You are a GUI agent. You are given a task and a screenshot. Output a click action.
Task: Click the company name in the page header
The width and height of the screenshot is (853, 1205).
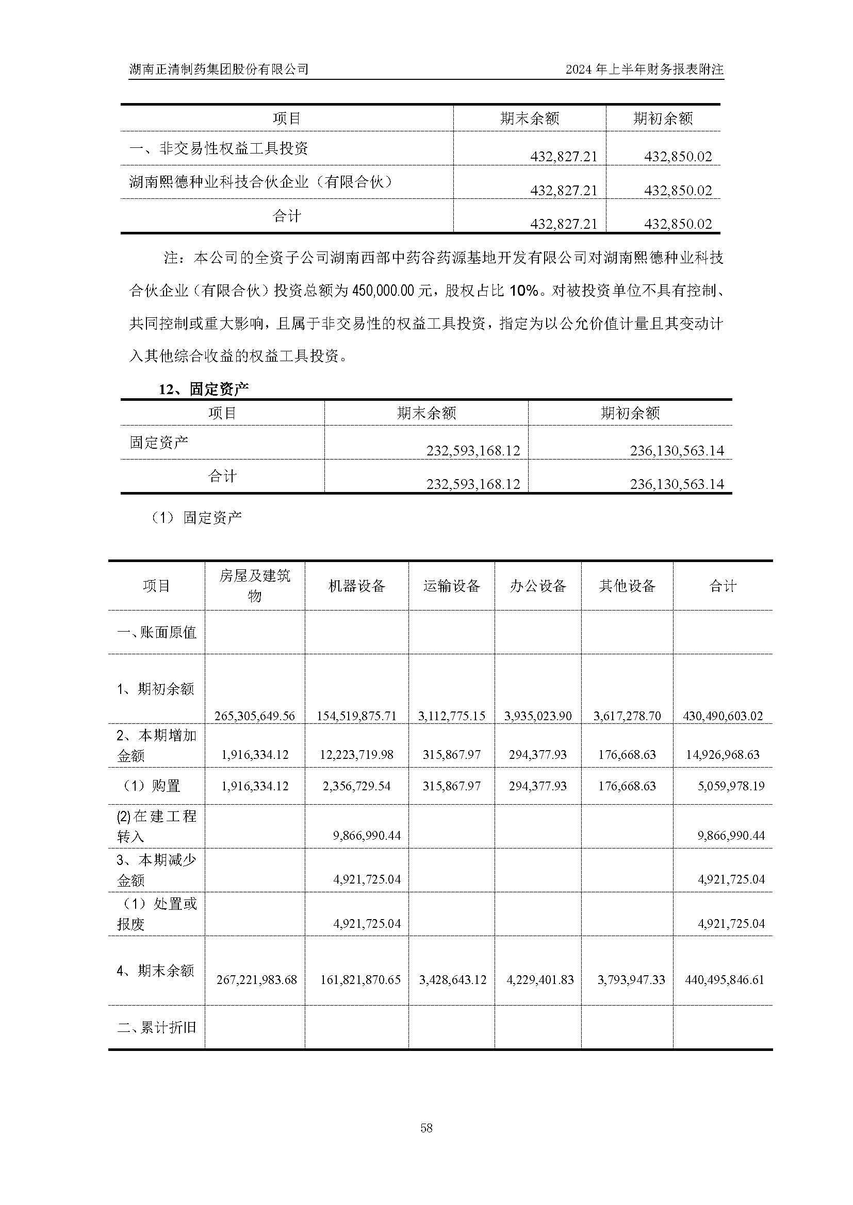(219, 69)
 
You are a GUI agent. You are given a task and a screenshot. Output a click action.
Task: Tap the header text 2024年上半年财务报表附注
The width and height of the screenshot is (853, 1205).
(645, 69)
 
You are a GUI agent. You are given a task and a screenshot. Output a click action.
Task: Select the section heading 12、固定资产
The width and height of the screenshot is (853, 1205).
(204, 389)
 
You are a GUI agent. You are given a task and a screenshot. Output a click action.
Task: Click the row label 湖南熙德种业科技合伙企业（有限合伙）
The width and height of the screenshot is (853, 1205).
(260, 182)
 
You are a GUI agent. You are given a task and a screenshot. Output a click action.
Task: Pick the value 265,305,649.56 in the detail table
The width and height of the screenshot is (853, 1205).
(255, 716)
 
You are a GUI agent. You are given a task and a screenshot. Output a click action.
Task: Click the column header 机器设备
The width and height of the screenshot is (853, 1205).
(357, 586)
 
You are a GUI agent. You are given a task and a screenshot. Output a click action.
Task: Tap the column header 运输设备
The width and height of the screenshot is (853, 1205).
(451, 586)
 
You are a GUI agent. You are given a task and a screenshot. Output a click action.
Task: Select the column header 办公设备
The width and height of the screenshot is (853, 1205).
(538, 586)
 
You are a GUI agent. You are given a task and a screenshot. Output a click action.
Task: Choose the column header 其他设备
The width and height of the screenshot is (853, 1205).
(627, 586)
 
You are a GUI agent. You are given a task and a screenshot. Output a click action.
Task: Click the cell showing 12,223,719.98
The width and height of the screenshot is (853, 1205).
(357, 755)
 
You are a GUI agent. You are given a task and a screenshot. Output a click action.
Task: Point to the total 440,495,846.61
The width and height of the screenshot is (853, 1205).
(724, 980)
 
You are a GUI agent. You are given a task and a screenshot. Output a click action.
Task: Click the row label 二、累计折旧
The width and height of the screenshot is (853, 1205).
(157, 1027)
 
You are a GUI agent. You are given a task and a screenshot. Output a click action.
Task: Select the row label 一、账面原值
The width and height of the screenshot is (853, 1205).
(157, 632)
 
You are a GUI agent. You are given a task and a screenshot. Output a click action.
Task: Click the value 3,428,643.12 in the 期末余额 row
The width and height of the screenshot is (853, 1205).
(452, 980)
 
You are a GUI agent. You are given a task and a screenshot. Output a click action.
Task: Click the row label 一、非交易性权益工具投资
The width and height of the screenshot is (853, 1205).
(219, 148)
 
